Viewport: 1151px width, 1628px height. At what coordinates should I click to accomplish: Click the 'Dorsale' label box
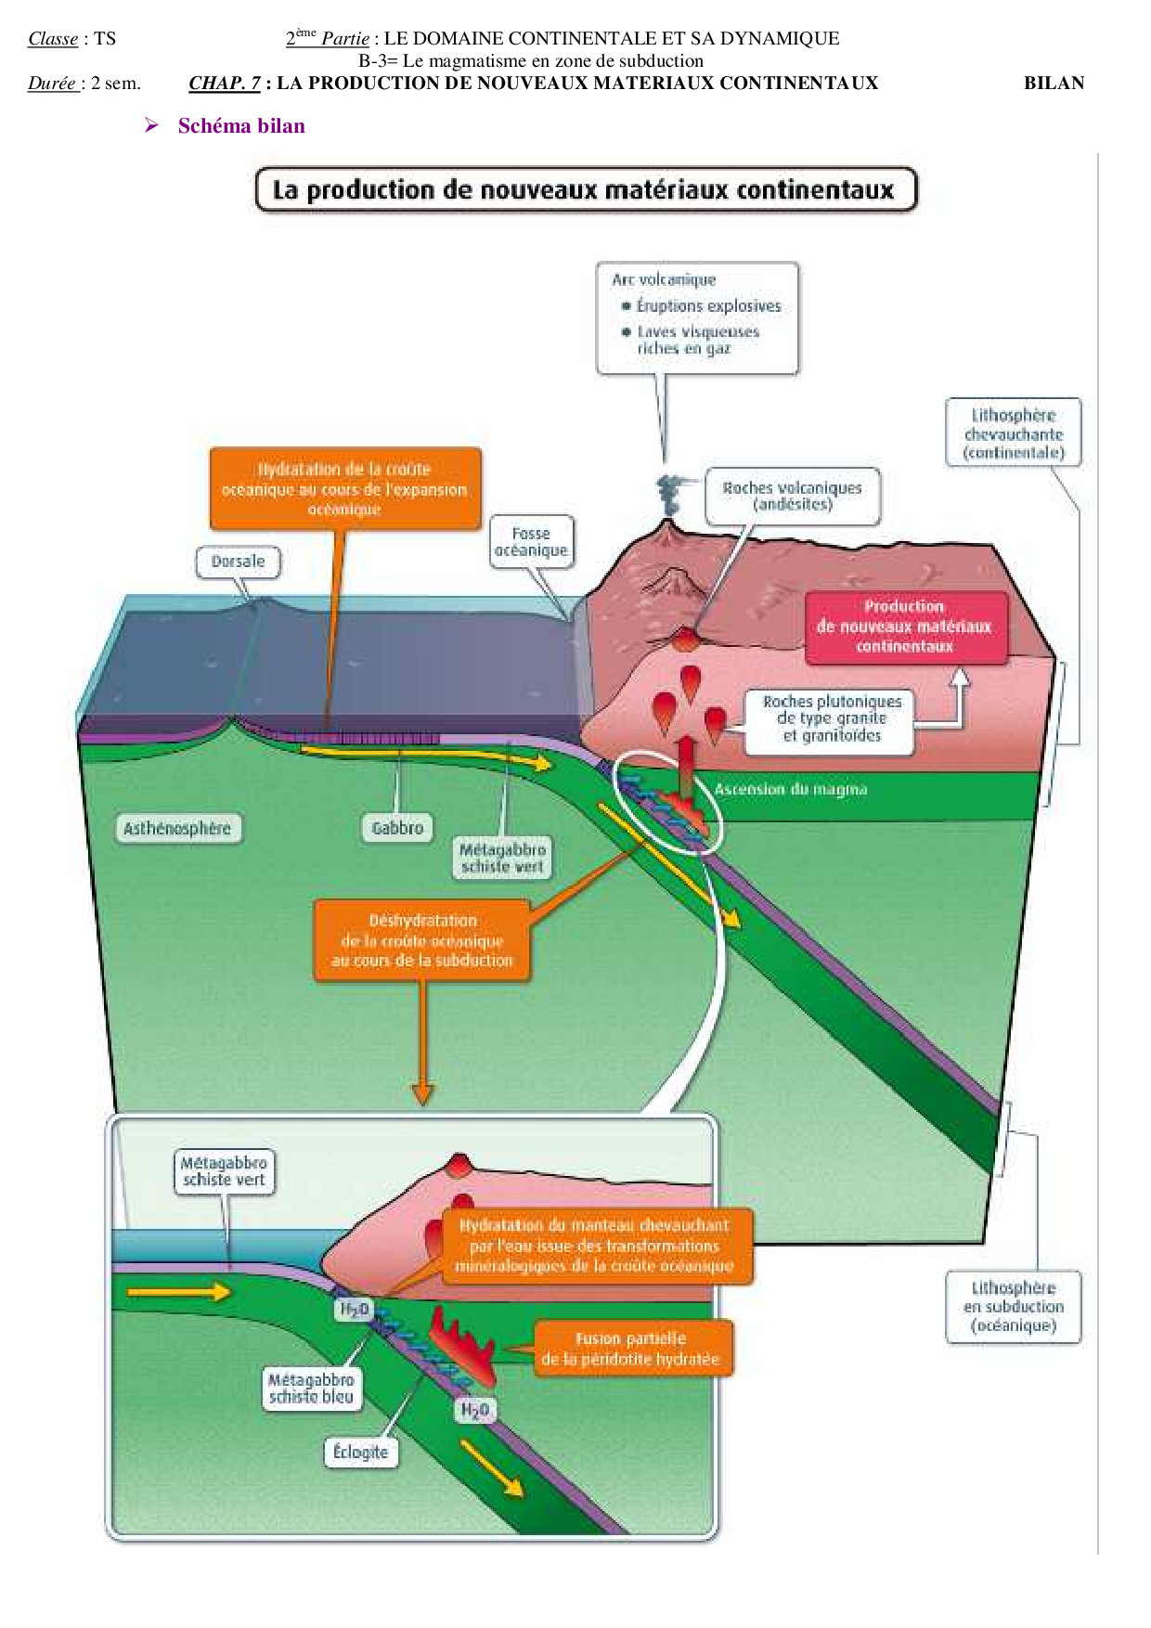pos(238,562)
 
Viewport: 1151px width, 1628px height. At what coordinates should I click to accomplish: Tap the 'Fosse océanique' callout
pos(531,542)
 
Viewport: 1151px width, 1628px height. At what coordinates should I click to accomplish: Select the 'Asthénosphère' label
pos(177,828)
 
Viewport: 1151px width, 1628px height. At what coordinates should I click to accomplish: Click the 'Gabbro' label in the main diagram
pos(397,828)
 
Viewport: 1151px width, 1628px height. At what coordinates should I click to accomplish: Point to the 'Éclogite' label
pos(360,1452)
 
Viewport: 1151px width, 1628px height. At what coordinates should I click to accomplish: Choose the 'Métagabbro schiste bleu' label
pos(311,1389)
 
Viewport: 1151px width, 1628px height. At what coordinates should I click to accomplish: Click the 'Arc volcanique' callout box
pos(697,317)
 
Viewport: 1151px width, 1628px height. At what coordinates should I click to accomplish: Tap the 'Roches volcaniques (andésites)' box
pos(793,496)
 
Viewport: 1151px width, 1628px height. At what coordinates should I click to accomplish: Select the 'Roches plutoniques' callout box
pos(830,719)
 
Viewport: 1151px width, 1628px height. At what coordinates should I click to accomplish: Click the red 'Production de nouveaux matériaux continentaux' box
pos(905,627)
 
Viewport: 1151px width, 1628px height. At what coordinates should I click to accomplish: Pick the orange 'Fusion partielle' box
pos(631,1349)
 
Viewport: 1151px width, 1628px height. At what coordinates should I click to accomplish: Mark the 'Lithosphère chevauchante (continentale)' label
pos(1014,433)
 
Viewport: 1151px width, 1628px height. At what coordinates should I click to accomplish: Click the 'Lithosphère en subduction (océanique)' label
pos(1014,1307)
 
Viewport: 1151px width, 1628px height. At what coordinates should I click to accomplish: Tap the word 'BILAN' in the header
pos(1054,84)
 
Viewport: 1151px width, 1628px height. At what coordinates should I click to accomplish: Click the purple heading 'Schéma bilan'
pos(241,126)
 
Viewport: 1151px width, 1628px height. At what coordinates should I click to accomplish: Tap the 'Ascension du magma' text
pos(791,790)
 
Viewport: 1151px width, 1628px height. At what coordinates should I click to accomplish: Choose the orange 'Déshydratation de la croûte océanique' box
pos(422,940)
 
